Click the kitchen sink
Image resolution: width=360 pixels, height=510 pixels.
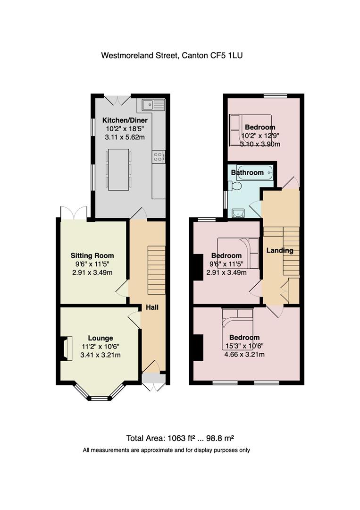(153, 105)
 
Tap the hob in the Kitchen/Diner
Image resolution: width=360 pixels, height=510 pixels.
(159, 157)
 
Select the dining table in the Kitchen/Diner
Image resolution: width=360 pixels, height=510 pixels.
(118, 169)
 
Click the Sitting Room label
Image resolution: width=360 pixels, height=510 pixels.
(92, 255)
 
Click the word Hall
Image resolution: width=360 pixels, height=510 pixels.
(152, 307)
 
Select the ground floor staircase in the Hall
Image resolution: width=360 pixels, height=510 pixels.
(157, 270)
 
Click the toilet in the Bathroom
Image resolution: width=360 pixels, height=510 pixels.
(235, 186)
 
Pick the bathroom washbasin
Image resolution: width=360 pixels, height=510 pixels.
(239, 213)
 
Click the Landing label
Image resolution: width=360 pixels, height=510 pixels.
(280, 250)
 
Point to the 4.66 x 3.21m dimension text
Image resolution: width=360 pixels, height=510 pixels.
(244, 355)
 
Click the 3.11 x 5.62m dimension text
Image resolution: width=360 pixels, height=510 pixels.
(125, 137)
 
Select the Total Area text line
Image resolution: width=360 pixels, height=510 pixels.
(180, 438)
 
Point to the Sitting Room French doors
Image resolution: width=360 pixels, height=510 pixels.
(74, 213)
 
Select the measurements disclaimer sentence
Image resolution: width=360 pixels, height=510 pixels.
(167, 450)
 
